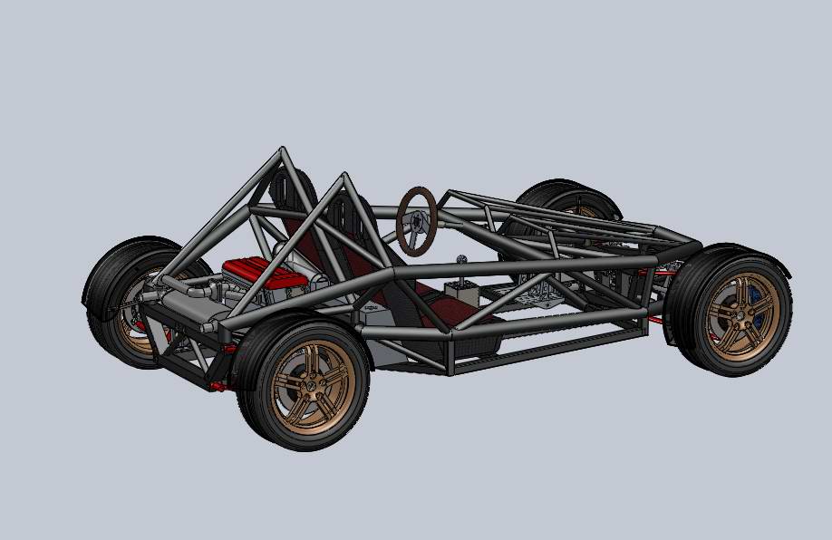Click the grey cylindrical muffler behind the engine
point(186,309)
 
